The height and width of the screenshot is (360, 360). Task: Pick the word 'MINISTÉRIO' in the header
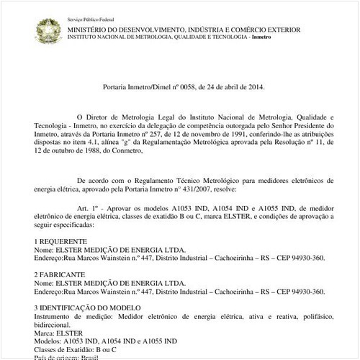coord(88,29)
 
